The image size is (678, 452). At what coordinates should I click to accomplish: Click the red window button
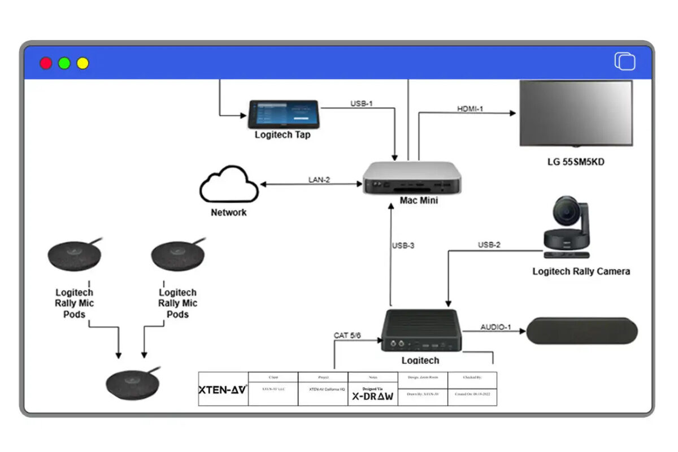point(46,63)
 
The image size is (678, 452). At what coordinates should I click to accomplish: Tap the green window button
point(64,63)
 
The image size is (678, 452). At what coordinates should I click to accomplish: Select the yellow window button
point(83,63)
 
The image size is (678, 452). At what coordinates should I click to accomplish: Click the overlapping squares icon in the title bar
point(625,62)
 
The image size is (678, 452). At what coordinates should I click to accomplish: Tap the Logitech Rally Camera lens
point(564,214)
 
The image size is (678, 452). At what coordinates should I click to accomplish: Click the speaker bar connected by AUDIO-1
point(581,331)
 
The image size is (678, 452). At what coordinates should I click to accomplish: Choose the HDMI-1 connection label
point(470,108)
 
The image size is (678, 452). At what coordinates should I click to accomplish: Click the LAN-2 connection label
point(319,180)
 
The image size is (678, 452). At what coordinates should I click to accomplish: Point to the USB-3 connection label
point(403,246)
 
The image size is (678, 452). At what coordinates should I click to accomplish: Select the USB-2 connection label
point(489,245)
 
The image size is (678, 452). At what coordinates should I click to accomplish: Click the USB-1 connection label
point(362,103)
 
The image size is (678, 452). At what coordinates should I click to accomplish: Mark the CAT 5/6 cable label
point(347,336)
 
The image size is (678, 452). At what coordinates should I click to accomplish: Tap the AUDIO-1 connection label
point(496,327)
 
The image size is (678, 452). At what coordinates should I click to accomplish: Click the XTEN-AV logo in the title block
point(223,389)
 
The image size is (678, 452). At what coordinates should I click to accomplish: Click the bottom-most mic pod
point(133,383)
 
